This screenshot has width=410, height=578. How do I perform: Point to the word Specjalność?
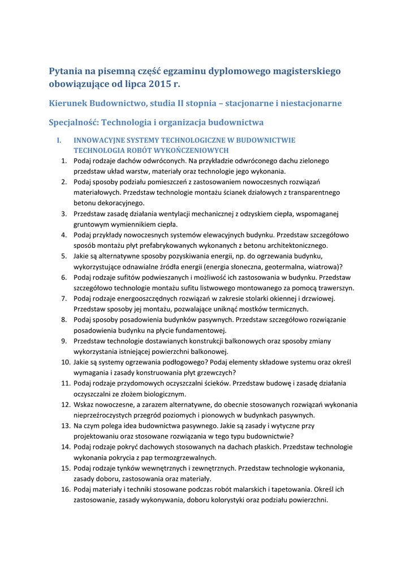[74, 122]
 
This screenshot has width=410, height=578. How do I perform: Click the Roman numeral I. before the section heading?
[58, 140]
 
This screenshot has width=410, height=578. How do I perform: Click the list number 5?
[64, 256]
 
